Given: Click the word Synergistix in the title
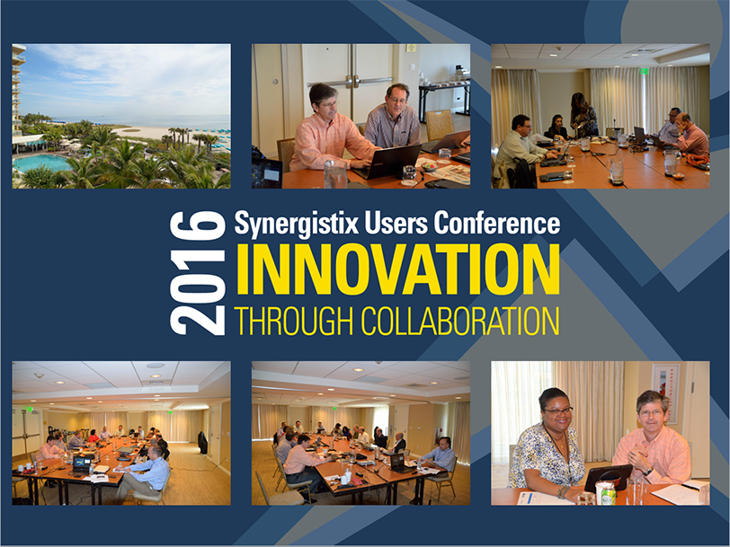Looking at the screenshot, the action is (297, 224).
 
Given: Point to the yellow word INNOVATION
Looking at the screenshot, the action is (398, 269).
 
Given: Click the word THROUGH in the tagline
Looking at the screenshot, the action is (293, 321).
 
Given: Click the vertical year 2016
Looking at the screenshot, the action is (198, 273).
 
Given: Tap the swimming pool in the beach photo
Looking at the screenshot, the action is (41, 163).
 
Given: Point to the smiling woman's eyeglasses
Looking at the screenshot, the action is (557, 411).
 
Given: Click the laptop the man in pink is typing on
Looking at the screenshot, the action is (387, 161).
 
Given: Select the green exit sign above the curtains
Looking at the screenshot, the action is (645, 71).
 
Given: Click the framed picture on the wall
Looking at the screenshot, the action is (666, 393).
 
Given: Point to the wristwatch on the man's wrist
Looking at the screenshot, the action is (648, 472).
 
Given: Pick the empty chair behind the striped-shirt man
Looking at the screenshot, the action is (439, 124).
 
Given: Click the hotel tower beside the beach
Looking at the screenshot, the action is (18, 88).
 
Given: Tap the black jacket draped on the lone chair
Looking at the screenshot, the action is (202, 442).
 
